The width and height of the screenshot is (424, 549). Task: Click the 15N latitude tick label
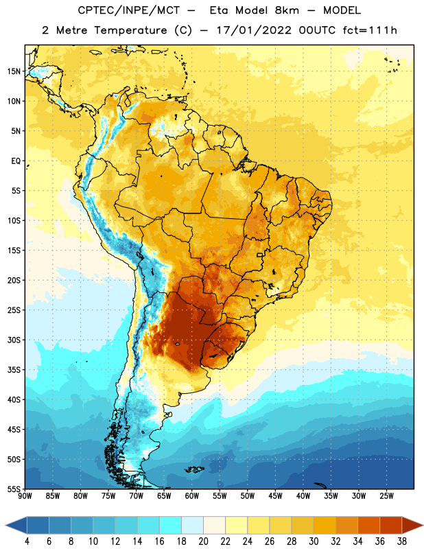14,71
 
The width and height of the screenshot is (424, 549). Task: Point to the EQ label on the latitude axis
16,161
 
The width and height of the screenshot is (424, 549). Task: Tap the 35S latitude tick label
14,370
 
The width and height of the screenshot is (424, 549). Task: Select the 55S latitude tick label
14,489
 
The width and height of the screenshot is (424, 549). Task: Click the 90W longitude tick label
25,496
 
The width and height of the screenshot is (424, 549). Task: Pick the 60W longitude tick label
192,496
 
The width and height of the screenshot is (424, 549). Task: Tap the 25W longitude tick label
386,496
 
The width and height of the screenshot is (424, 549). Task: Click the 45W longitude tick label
275,496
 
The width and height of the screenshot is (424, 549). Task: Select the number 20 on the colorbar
203,541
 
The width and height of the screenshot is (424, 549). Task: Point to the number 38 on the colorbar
402,541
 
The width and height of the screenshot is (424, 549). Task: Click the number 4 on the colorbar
27,541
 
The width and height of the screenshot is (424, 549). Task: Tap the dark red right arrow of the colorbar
412,525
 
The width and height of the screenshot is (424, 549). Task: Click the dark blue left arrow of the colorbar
16,525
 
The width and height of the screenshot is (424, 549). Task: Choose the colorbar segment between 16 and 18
171,525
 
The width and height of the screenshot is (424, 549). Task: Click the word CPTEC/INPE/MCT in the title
129,10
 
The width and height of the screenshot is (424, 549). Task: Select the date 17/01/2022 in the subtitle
254,30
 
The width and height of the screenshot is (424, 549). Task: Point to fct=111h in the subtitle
370,30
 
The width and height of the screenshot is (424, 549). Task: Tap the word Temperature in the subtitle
130,30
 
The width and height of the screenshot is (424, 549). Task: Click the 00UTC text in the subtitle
317,30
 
